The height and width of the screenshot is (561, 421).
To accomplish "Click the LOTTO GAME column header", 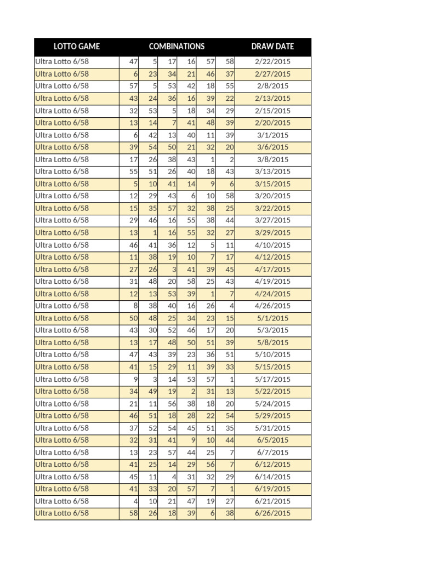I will (x=77, y=47).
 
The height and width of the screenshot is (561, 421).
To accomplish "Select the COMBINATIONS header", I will (x=177, y=47).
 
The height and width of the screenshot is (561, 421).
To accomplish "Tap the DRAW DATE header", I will (x=272, y=47).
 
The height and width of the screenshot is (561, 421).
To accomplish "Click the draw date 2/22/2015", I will (x=273, y=61).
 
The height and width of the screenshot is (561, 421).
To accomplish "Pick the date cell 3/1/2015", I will (x=273, y=135).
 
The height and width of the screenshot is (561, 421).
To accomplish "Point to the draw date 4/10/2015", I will (x=273, y=245).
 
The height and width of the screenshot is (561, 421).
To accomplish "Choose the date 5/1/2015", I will (x=273, y=318).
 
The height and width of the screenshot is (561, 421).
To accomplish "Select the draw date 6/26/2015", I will (x=273, y=513).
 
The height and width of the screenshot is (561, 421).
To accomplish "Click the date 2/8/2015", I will (x=273, y=86).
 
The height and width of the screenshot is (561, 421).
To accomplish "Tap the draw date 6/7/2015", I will (x=273, y=453).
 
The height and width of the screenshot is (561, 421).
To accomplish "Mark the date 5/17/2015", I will (x=273, y=379).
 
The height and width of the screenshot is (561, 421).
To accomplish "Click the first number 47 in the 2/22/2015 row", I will (x=133, y=61).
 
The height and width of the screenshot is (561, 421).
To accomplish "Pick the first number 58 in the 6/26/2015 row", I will (x=133, y=513).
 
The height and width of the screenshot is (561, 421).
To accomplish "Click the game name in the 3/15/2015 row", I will (x=62, y=184).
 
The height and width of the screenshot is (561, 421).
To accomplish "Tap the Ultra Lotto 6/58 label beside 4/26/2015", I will (x=62, y=306).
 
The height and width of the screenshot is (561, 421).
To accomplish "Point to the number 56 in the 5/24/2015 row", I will (x=172, y=404).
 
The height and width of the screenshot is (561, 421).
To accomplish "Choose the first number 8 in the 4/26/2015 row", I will (x=135, y=306).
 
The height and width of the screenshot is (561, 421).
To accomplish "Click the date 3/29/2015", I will (x=273, y=232).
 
